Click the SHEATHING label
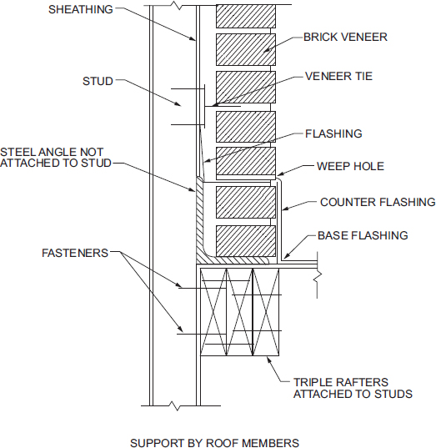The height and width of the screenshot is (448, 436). (x=81, y=10)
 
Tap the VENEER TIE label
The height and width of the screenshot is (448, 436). (x=338, y=76)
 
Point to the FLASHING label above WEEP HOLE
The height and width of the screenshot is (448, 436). (x=333, y=133)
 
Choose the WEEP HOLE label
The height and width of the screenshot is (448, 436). (x=350, y=166)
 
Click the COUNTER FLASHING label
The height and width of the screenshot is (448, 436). (x=378, y=202)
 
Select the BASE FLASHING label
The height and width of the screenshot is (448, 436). (x=363, y=235)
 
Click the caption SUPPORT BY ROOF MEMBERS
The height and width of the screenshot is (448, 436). (x=214, y=443)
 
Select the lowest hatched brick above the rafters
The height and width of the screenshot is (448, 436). (x=245, y=241)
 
